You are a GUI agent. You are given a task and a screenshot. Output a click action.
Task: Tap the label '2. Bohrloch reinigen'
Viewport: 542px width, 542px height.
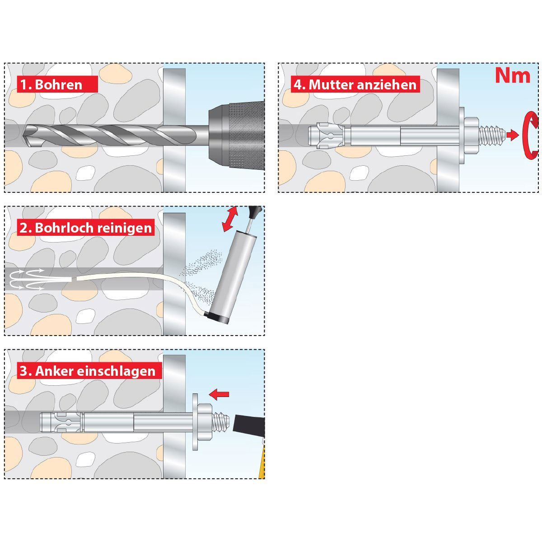pos(86,227)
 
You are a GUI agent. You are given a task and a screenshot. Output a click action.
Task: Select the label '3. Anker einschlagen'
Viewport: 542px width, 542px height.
pos(87,371)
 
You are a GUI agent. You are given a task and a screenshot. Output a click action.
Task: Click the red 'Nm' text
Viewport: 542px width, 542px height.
pos(512,75)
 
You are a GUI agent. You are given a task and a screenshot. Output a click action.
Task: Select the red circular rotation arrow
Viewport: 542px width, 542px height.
pos(530,135)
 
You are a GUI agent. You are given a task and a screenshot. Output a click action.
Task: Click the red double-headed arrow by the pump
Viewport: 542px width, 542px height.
pos(231,219)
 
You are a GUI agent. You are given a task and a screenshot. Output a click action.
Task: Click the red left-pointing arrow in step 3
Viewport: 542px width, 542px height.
pos(220,394)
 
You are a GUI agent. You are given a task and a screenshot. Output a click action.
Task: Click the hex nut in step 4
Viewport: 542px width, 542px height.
pos(470,135)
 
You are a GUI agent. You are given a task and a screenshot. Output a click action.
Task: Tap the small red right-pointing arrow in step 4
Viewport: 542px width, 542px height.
pos(512,135)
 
